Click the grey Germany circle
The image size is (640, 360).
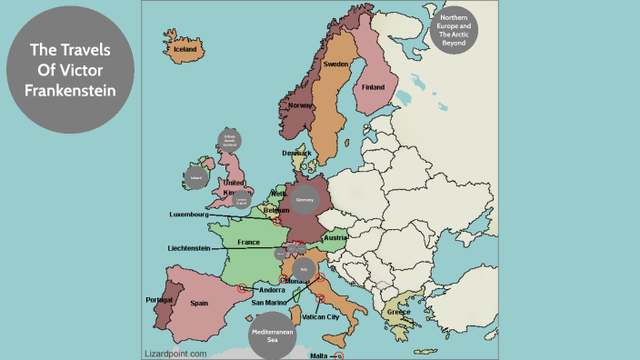click(305, 199)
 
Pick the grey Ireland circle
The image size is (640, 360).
click(195, 178)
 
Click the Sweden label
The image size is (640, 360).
click(336, 65)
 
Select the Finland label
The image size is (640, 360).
click(373, 87)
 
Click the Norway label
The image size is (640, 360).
click(300, 105)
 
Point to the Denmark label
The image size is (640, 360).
click(295, 153)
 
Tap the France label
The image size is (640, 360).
click(248, 243)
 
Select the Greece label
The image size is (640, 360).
click(397, 312)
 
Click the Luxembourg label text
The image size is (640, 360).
click(189, 215)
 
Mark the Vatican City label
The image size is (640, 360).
click(321, 317)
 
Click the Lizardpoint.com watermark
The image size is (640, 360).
click(175, 353)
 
